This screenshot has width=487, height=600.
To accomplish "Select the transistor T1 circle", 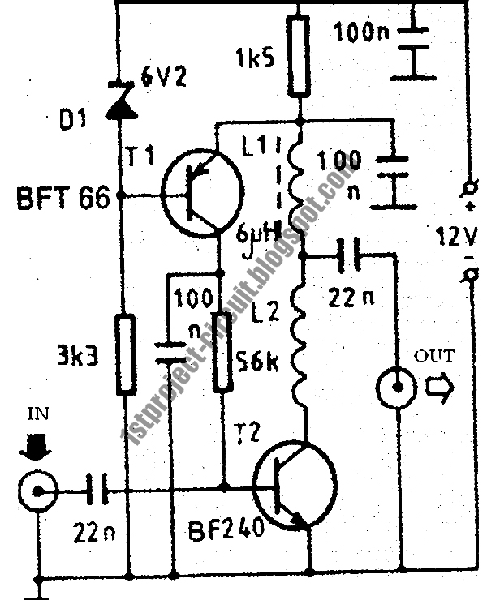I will (x=201, y=192).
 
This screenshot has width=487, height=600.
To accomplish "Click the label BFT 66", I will (x=62, y=198).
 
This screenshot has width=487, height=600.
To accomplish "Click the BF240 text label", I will (x=226, y=530).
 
